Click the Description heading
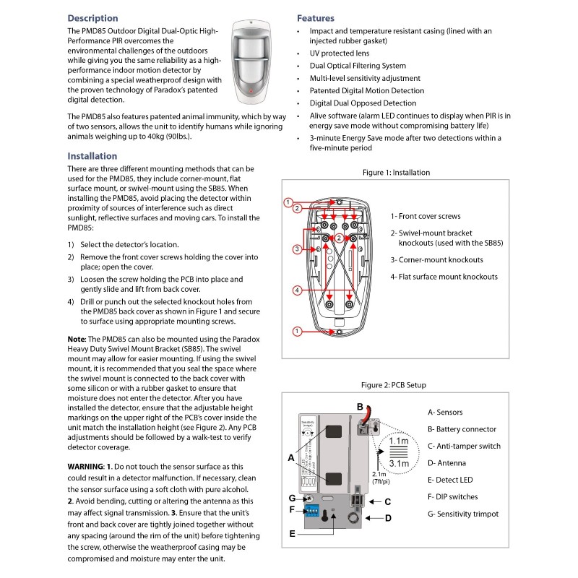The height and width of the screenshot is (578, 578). [92, 18]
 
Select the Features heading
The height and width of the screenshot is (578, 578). [316, 18]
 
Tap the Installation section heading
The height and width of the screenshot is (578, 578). [92, 155]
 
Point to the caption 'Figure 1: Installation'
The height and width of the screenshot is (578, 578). [396, 173]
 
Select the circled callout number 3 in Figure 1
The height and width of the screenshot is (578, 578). [296, 249]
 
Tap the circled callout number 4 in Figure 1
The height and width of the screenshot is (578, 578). [296, 290]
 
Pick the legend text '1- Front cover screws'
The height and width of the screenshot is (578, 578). [426, 216]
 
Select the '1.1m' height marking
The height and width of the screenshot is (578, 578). [398, 441]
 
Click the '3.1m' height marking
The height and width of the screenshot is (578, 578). [398, 463]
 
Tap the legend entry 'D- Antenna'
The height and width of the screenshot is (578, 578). [447, 462]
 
